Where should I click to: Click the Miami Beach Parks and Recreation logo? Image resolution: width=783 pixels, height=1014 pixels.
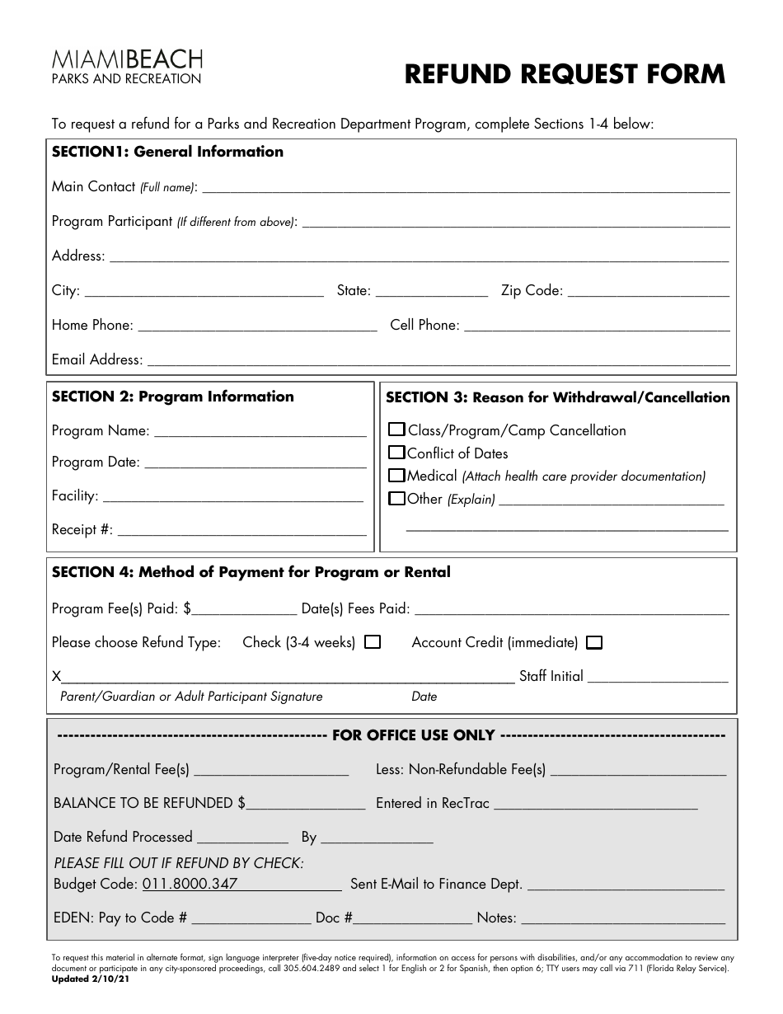[127, 66]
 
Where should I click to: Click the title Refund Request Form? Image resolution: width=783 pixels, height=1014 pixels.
[565, 74]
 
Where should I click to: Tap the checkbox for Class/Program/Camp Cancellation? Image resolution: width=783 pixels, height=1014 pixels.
[396, 430]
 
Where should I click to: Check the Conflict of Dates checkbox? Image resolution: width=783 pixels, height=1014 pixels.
[396, 453]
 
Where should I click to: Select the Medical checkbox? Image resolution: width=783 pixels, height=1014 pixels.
[396, 476]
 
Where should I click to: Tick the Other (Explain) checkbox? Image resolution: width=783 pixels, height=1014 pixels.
[396, 499]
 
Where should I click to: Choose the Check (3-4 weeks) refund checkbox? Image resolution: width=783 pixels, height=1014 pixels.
[373, 642]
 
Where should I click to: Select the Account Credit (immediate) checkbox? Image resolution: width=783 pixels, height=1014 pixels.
[594, 643]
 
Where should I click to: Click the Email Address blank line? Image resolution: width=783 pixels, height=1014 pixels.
[437, 359]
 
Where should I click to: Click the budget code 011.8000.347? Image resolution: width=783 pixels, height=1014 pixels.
[190, 884]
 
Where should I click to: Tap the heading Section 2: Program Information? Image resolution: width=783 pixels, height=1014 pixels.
[172, 397]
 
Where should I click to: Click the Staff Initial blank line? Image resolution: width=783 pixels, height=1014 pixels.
[659, 676]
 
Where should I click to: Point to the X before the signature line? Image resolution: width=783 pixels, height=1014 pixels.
[56, 677]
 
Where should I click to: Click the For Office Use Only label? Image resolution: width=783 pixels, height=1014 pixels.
[413, 735]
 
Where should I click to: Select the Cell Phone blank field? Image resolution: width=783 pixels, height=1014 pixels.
[597, 325]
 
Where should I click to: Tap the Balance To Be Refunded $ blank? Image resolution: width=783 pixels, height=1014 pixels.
[306, 803]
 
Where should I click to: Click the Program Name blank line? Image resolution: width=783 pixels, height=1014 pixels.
[260, 430]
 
